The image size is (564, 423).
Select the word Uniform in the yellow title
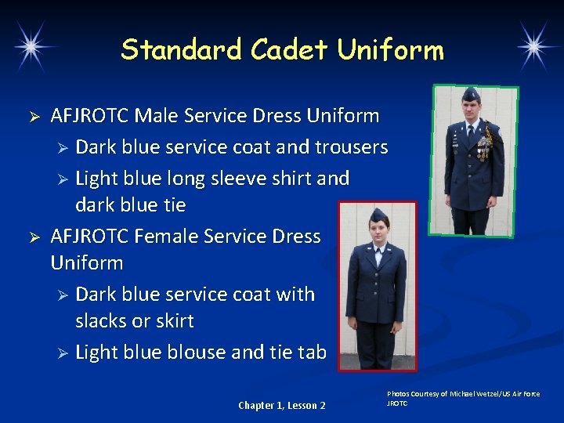(390, 50)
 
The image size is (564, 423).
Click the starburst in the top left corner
(33, 46)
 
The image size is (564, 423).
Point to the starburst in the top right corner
(537, 46)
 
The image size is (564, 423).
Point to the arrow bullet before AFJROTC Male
(34, 117)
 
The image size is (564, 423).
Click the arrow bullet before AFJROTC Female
(34, 237)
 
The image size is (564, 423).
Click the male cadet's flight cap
(470, 95)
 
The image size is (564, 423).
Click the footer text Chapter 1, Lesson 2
(282, 405)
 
